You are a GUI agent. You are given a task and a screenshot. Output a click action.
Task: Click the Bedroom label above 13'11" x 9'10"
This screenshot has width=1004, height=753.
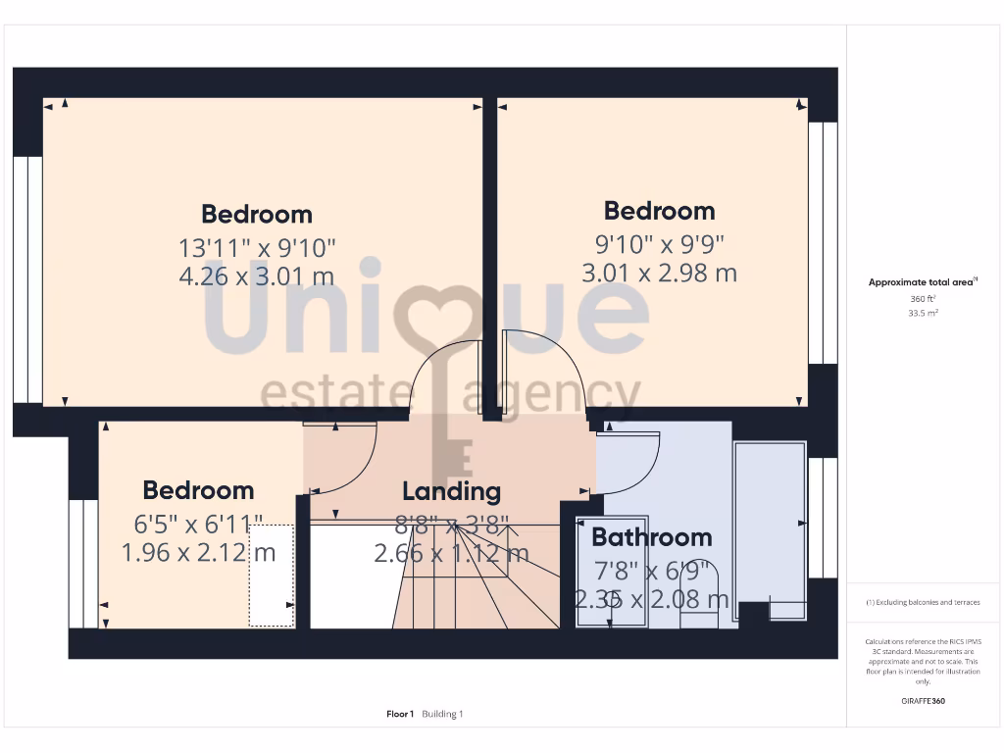click(x=257, y=214)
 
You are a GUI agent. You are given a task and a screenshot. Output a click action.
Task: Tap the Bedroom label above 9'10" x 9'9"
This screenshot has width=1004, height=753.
click(x=659, y=211)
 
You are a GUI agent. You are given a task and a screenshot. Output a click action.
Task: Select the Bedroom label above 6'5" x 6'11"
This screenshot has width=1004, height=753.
click(x=198, y=490)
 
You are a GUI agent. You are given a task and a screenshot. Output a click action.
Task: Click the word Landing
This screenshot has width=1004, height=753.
click(x=451, y=491)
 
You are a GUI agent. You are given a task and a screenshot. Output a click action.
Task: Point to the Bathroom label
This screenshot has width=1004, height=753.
click(x=651, y=537)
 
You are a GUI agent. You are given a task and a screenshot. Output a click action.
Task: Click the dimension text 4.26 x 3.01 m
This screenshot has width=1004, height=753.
click(x=257, y=276)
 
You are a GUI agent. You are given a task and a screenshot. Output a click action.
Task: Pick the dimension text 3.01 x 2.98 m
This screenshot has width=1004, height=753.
click(x=659, y=273)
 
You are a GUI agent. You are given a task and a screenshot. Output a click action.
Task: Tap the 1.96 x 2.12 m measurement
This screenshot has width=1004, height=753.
click(x=198, y=553)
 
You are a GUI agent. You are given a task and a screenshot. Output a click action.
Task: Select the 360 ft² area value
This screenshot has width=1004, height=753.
click(x=923, y=298)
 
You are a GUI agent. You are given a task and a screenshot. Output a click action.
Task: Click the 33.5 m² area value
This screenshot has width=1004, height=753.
click(x=923, y=314)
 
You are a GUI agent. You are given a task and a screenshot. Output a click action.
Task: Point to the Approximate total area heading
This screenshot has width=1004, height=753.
click(x=921, y=282)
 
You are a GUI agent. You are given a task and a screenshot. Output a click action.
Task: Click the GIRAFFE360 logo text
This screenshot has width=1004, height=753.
click(x=923, y=701)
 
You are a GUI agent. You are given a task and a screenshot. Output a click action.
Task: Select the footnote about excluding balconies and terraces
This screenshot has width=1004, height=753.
click(x=923, y=602)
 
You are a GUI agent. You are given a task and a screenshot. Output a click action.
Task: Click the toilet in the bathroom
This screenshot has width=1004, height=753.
click(x=699, y=588)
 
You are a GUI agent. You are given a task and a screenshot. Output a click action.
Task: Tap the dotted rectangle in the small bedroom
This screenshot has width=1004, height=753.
click(x=272, y=575)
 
